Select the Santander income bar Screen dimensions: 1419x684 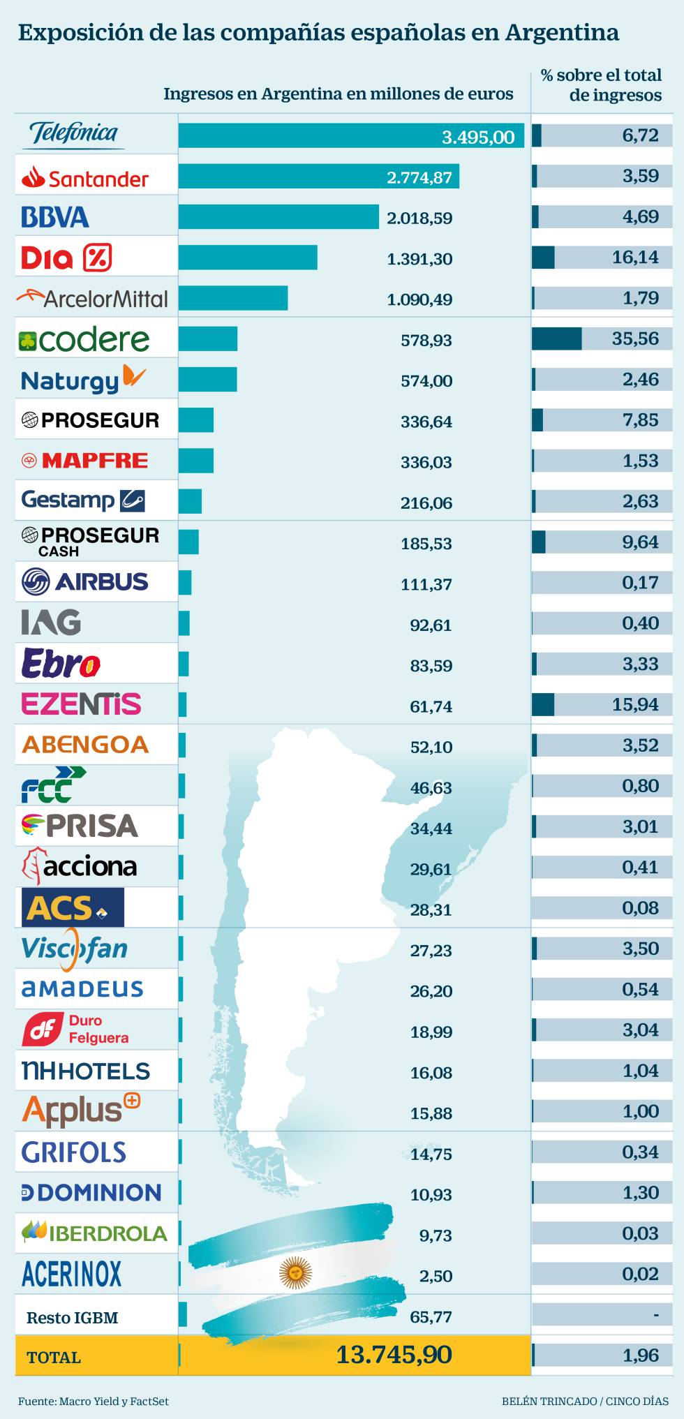click(x=318, y=177)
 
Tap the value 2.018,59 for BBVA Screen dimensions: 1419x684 click(x=419, y=218)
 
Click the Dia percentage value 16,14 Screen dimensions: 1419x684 click(x=635, y=258)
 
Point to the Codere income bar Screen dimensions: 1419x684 click(x=208, y=339)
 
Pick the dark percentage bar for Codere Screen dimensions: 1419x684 click(x=556, y=339)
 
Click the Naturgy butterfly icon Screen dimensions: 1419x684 click(x=133, y=376)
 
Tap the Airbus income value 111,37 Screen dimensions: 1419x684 click(x=426, y=584)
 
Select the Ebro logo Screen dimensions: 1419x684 click(x=61, y=664)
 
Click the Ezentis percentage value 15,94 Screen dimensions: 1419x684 click(x=635, y=705)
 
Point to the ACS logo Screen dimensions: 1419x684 click(x=73, y=907)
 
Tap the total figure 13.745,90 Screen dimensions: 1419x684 click(x=394, y=1355)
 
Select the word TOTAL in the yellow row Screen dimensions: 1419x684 click(x=54, y=1358)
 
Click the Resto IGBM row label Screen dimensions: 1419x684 click(x=72, y=1318)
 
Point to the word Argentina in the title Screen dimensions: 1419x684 click(x=562, y=33)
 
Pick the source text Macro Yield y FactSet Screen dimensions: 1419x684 click(x=114, y=1401)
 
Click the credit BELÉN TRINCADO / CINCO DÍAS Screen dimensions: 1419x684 click(x=585, y=1401)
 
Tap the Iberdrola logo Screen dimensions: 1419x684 click(x=94, y=1233)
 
